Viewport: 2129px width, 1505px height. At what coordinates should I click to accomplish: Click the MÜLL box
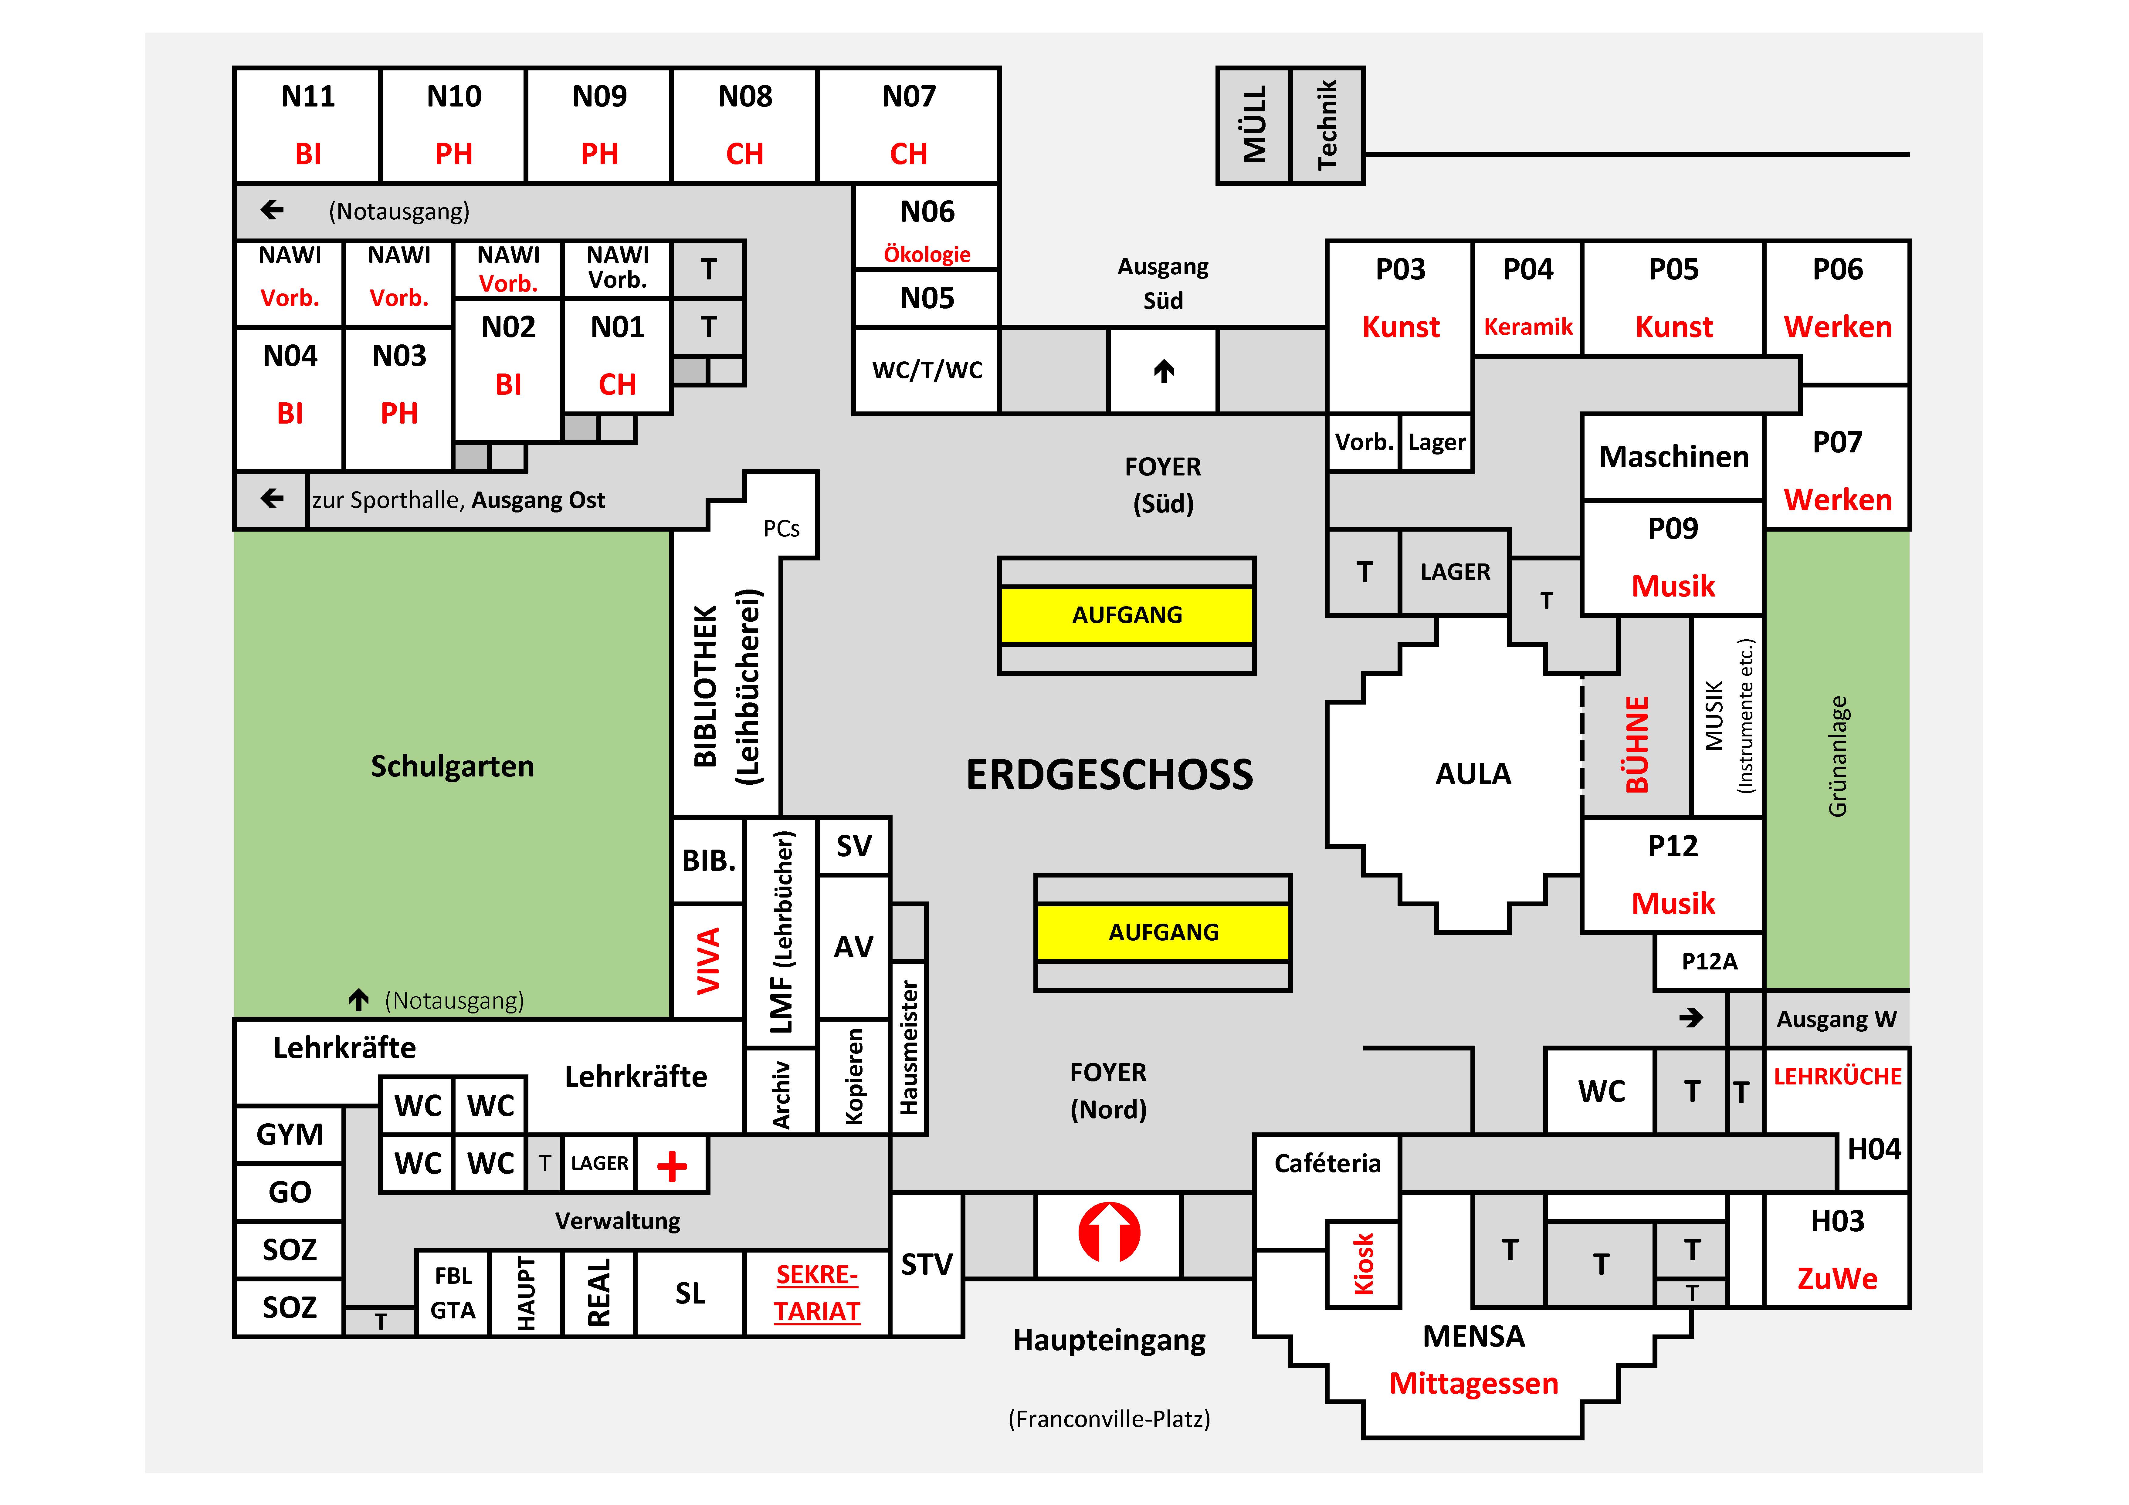[1254, 125]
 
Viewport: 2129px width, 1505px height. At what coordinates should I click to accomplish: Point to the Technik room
[1327, 125]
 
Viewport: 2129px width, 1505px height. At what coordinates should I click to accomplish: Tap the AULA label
[1473, 773]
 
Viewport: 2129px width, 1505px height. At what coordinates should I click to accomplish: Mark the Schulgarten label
[453, 766]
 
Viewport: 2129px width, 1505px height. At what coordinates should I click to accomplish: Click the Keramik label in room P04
[1527, 326]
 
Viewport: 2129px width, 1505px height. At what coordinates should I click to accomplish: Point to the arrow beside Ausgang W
[1690, 1018]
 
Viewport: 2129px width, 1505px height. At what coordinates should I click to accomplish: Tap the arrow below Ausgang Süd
[1164, 371]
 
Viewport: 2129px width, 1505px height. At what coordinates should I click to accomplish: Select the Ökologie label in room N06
[926, 254]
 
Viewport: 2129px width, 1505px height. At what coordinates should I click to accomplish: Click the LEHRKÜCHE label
[1837, 1077]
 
